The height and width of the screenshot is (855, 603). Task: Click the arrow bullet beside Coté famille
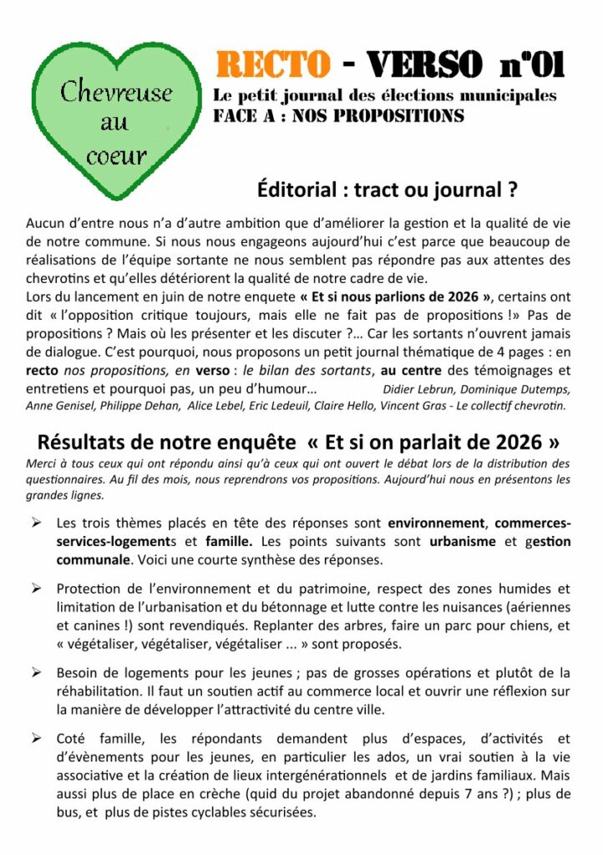coord(37,737)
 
